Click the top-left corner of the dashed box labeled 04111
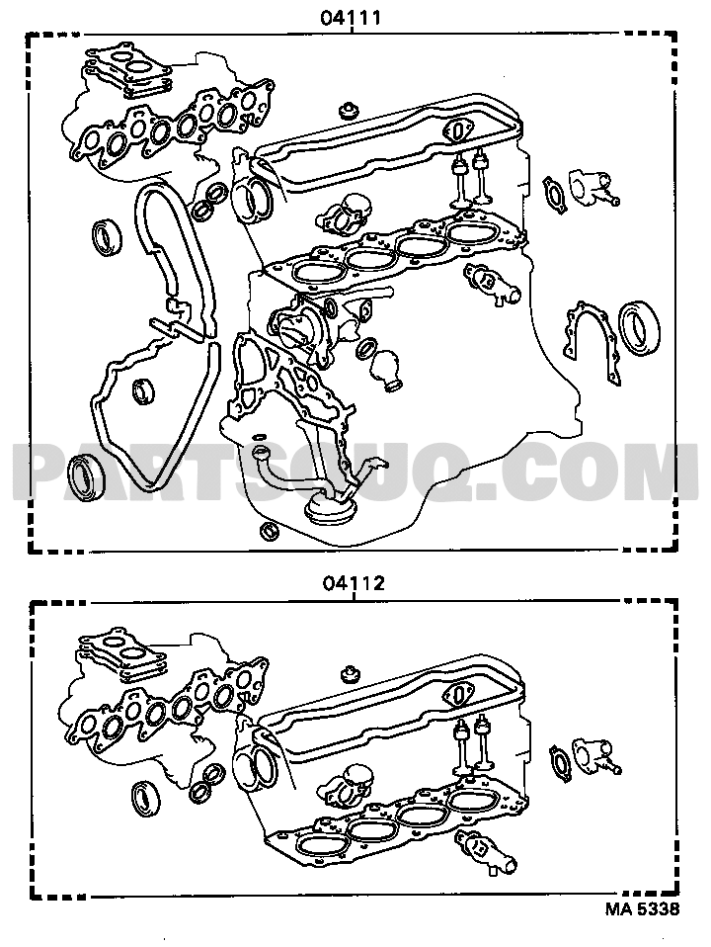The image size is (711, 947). (28, 35)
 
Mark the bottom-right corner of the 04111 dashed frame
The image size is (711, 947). (672, 550)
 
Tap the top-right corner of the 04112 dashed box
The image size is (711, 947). (676, 602)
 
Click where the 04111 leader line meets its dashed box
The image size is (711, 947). (352, 35)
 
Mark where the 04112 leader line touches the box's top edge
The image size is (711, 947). (355, 602)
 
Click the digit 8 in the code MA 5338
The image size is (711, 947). (672, 909)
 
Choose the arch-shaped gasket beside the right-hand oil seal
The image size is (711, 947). (588, 338)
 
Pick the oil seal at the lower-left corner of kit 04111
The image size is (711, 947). (86, 477)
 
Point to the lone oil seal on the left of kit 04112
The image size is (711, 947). (146, 797)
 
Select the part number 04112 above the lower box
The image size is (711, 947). (354, 583)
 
